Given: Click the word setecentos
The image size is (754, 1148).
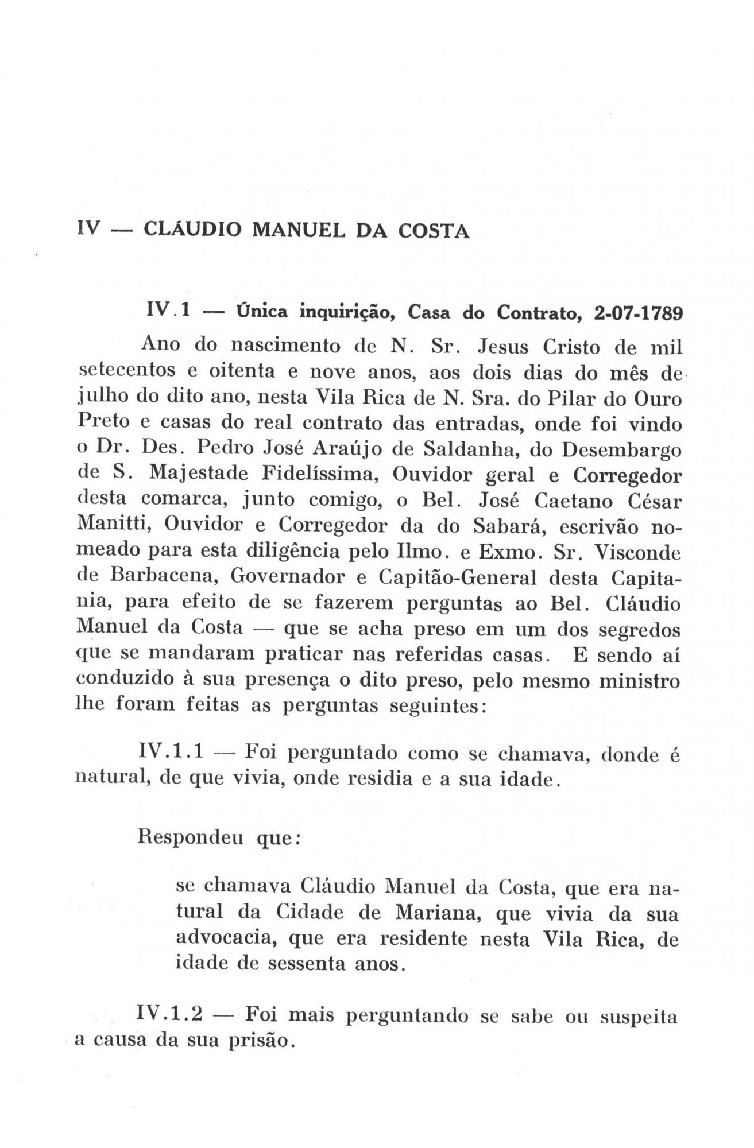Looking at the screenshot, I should tap(127, 372).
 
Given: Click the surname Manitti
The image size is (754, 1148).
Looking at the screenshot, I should tap(114, 525).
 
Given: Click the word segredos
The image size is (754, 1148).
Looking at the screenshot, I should tap(639, 630).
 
